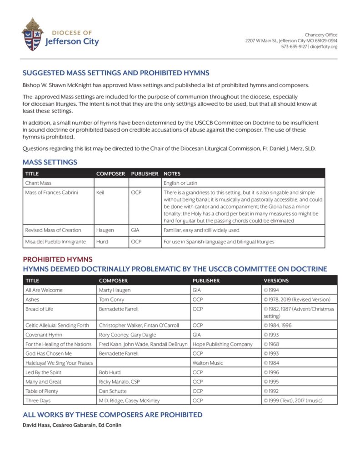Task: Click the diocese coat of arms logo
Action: (32, 34)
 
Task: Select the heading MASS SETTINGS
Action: (50, 162)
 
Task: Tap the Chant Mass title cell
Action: (38, 183)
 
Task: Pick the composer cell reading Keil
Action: (100, 193)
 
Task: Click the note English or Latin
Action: (180, 183)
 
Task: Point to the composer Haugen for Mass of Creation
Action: (105, 230)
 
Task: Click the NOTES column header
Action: (172, 173)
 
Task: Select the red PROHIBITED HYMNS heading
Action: (58, 260)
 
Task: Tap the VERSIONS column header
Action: (276, 281)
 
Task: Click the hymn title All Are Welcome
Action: (44, 290)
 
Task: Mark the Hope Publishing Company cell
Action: (222, 344)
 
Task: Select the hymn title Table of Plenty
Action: (42, 391)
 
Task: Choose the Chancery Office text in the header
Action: (321, 35)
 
